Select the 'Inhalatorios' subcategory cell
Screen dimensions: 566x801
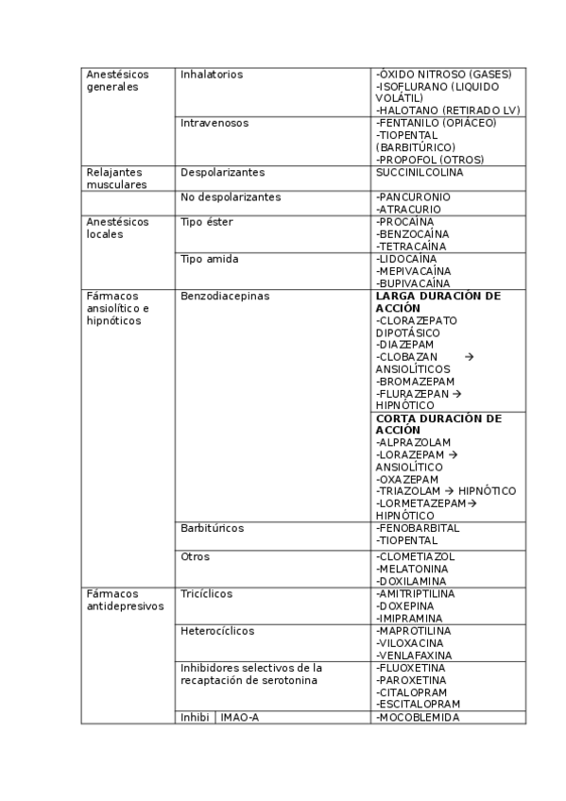coord(212,74)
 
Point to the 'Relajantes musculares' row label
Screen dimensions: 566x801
coord(116,179)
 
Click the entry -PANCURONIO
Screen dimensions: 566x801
coord(413,196)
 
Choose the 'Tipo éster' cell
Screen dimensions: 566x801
coord(207,222)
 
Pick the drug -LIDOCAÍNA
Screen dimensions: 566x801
coord(406,258)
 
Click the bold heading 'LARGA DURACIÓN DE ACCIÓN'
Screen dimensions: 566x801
coord(438,302)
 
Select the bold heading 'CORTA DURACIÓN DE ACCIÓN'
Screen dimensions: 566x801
coord(438,424)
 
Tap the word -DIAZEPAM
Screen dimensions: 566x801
coord(405,345)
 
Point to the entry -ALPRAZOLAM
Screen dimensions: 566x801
coord(413,442)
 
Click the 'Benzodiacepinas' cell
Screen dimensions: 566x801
coord(225,296)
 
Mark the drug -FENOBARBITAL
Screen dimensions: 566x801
coord(418,528)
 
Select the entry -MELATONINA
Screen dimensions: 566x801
coord(413,569)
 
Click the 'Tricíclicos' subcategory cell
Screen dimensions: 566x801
coord(207,593)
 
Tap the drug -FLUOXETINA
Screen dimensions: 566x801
coord(412,667)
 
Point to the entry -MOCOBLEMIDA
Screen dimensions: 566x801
coord(418,717)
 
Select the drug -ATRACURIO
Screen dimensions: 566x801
coord(410,209)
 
